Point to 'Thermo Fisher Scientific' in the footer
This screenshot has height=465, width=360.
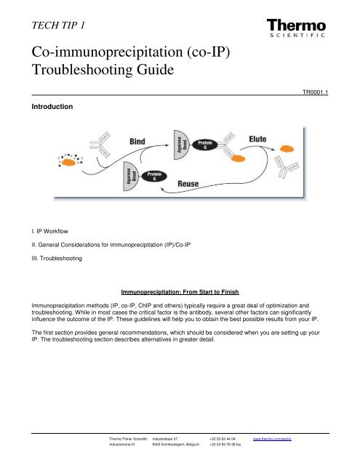click(x=129, y=440)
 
